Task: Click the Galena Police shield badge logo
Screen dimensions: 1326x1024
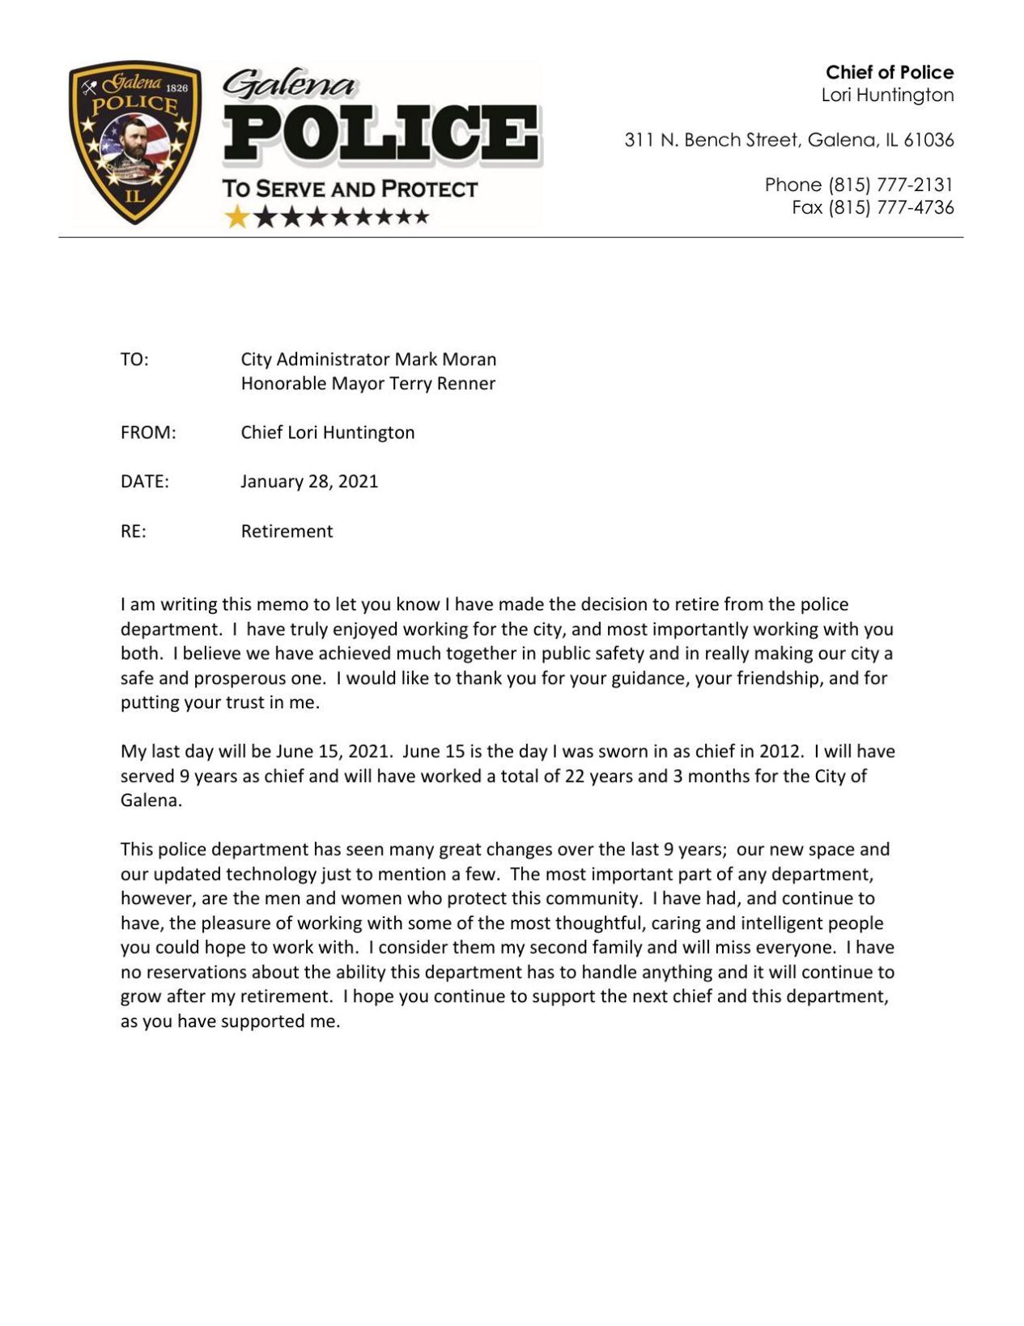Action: (134, 143)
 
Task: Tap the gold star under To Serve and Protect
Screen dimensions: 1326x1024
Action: (237, 217)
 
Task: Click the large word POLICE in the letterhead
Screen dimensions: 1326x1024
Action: (381, 134)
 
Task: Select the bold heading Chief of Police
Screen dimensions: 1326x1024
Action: (889, 72)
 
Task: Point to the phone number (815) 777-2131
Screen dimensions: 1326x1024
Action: (890, 185)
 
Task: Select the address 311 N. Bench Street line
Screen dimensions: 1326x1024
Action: (788, 140)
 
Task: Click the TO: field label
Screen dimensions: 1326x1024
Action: (134, 359)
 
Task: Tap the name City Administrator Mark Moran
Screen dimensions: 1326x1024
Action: (368, 359)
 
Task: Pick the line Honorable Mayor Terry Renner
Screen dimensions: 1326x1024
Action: (368, 384)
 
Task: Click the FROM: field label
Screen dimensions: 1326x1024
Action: (148, 433)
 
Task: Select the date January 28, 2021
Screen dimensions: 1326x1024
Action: (309, 482)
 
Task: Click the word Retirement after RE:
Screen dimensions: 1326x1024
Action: (287, 532)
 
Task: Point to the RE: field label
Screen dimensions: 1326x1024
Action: (134, 532)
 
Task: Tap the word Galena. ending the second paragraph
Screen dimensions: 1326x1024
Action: (151, 801)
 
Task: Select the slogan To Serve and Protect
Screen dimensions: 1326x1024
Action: (350, 189)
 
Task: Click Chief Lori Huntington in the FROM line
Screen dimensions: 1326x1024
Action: (327, 433)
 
